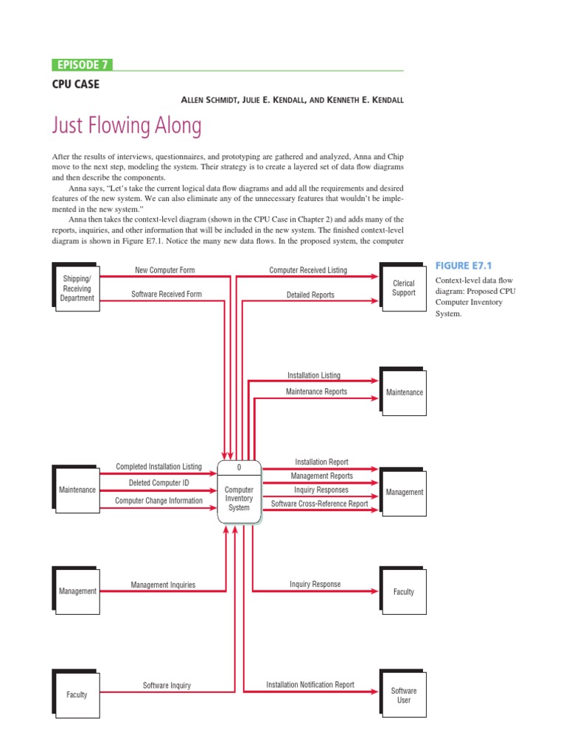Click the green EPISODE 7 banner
(82, 65)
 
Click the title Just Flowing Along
(126, 125)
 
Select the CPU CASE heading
(75, 84)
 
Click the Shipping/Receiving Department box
(77, 289)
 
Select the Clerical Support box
(403, 288)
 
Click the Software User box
(403, 695)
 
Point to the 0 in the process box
(239, 468)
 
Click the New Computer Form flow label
(165, 270)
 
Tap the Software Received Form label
(166, 295)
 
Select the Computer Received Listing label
(307, 270)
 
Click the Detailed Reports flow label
(310, 295)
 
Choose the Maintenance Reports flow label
(316, 392)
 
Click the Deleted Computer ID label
(159, 483)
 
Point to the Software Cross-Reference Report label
(320, 504)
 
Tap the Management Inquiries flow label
(163, 585)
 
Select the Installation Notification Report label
(310, 685)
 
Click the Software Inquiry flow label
(167, 686)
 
